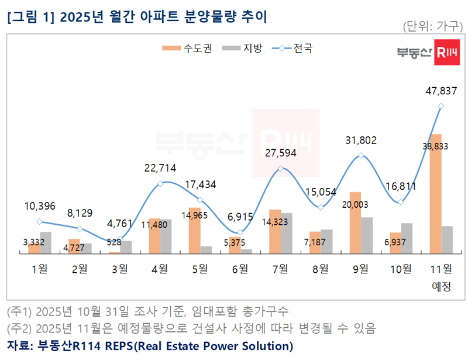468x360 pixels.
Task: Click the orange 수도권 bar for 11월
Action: point(435,194)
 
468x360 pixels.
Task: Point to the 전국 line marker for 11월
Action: point(441,106)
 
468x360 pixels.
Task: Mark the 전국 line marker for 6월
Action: point(240,232)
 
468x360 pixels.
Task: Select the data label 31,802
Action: point(361,140)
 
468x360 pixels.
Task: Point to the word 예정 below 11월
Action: point(441,286)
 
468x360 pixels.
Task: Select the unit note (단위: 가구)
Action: point(432,26)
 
